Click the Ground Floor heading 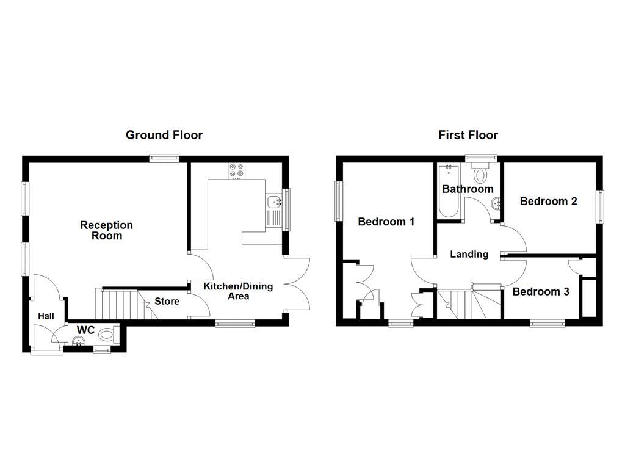[164, 135]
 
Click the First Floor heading [468, 135]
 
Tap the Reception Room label [106, 230]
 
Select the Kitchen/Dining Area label [238, 291]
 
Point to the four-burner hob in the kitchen [236, 170]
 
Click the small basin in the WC [78, 342]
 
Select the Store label [167, 301]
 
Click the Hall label [46, 316]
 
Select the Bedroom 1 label [386, 222]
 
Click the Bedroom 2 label [548, 201]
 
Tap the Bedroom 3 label [541, 292]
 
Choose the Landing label [469, 254]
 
